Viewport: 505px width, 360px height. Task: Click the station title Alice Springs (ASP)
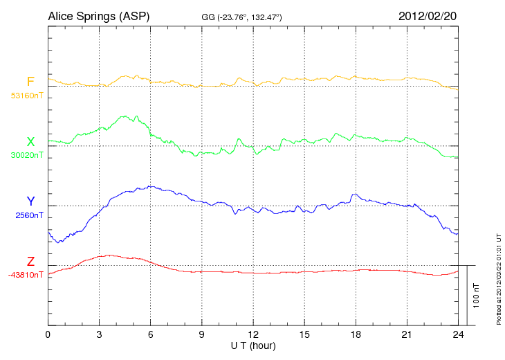[x=98, y=16]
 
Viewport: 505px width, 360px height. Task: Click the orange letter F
[x=30, y=82]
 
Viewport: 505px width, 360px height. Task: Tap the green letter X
[x=30, y=141]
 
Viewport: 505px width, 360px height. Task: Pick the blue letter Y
[x=30, y=201]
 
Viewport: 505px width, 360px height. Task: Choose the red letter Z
[x=30, y=261]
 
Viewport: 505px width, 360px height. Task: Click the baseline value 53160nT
[x=26, y=96]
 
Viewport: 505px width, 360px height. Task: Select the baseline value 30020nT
[x=26, y=155]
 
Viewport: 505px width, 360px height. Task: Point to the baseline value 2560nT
[x=29, y=215]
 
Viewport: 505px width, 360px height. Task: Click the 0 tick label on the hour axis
[x=48, y=334]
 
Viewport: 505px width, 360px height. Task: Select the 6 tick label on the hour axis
[x=151, y=334]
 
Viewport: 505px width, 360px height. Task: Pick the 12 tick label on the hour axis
[x=253, y=334]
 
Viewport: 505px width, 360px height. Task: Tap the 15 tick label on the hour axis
[x=305, y=334]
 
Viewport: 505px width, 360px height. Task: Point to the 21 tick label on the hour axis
[x=407, y=334]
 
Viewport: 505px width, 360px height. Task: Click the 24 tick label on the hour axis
[x=459, y=334]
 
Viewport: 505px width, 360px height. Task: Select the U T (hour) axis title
[x=253, y=345]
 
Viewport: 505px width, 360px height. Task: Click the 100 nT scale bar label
[x=477, y=295]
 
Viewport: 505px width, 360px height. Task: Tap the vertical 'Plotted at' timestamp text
[x=498, y=280]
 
